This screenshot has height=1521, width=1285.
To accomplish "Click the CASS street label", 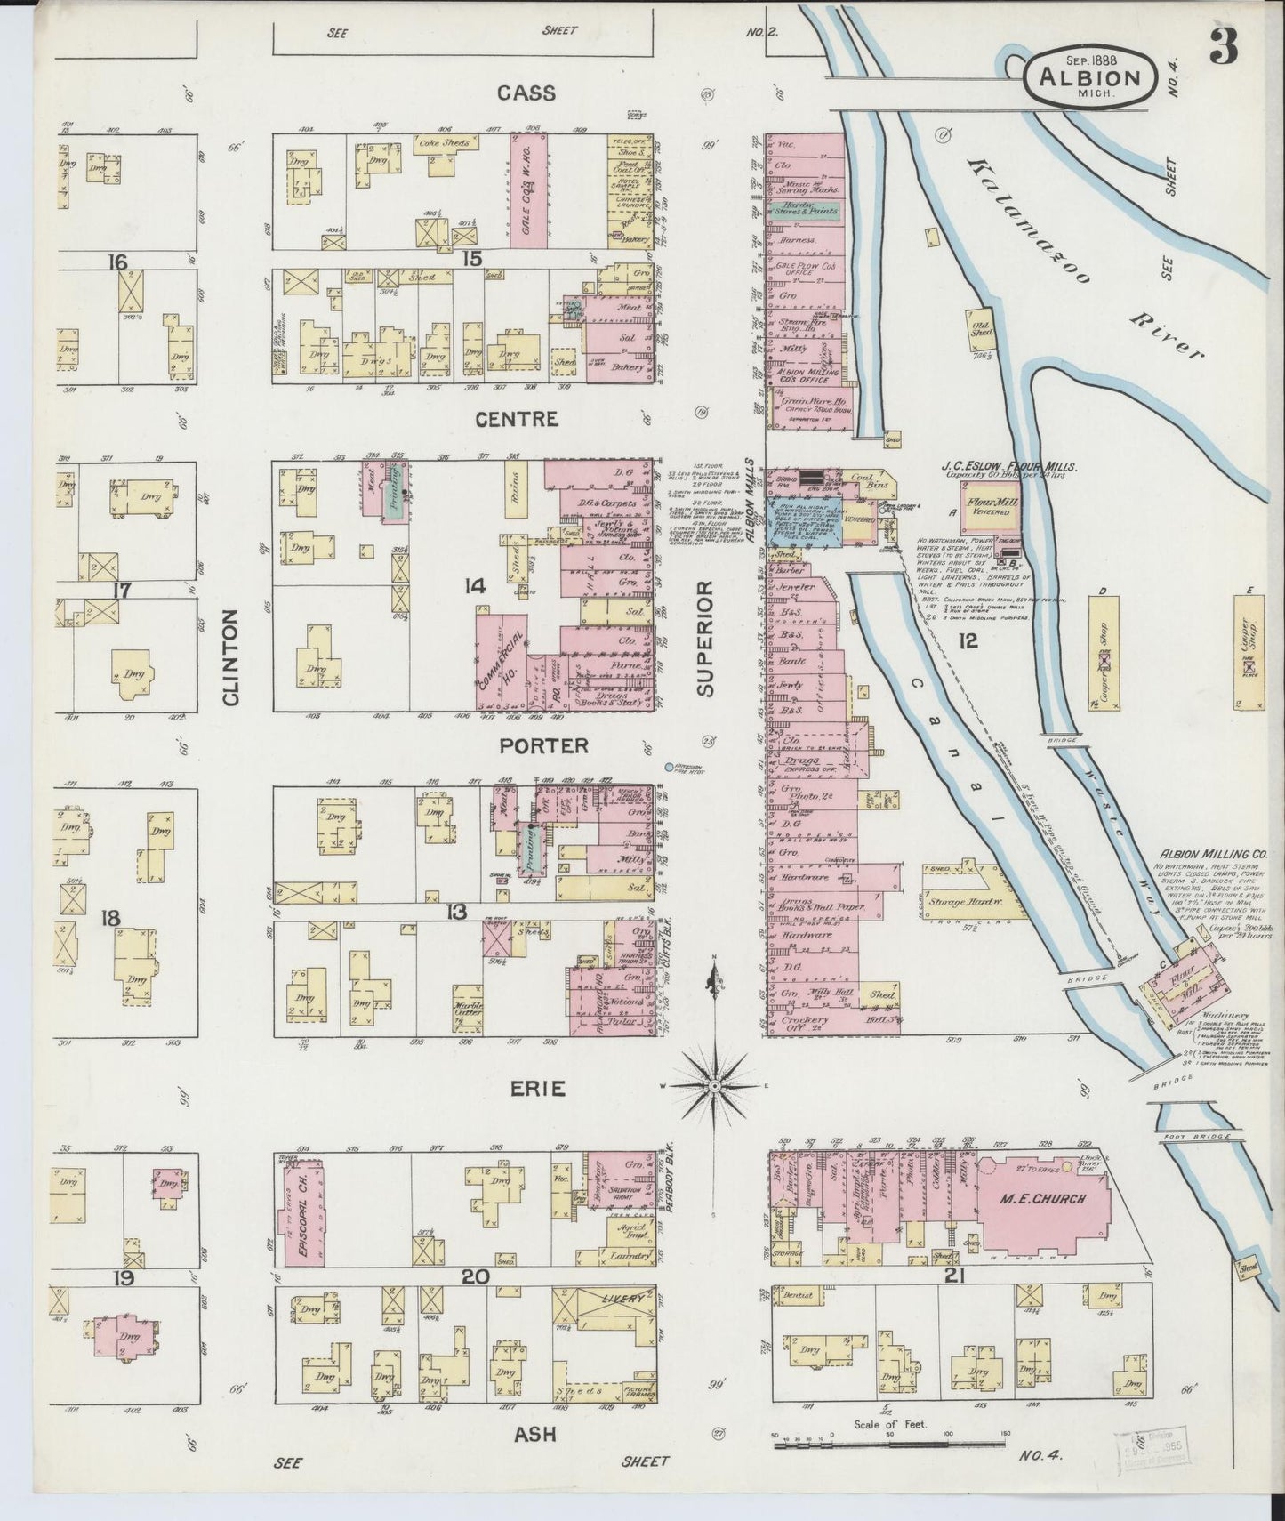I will click(526, 93).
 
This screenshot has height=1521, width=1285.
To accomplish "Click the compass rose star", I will click(715, 1086).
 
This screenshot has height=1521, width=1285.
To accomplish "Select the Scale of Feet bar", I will click(899, 1446).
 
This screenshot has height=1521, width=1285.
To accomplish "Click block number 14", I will click(474, 585).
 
